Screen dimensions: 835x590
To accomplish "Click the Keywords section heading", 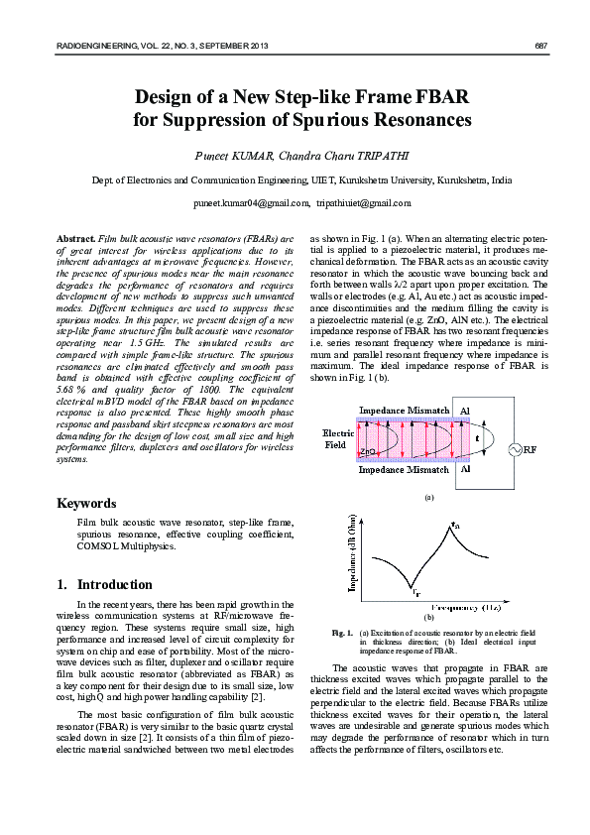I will (89, 503).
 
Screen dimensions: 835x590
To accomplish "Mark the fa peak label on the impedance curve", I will (455, 525).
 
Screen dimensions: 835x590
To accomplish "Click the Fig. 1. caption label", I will (343, 632).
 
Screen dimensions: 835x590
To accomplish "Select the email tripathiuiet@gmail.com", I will (363, 203).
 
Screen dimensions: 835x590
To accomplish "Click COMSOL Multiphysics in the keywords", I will (128, 545).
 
